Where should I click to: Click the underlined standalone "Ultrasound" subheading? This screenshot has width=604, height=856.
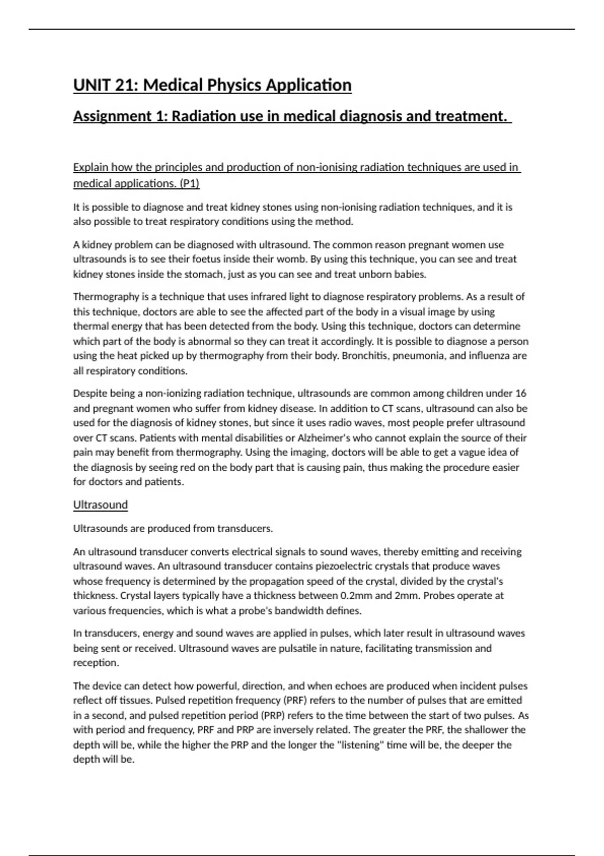pos(100,505)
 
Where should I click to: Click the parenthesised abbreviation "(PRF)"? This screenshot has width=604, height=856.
pos(294,700)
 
